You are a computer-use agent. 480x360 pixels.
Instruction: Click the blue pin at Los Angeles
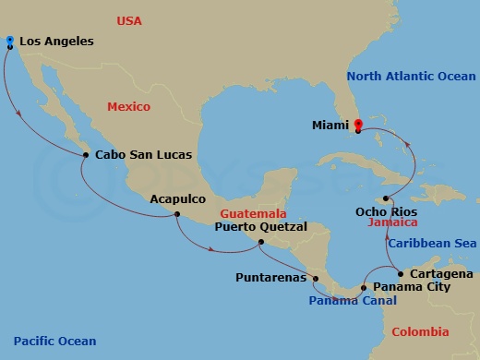(9, 42)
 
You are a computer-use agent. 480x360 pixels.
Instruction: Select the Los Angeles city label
(56, 42)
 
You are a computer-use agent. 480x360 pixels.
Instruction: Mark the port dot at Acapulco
(176, 215)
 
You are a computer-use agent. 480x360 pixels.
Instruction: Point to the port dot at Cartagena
(399, 273)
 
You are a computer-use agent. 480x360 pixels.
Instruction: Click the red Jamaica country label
(394, 222)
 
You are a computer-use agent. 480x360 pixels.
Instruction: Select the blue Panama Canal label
(353, 301)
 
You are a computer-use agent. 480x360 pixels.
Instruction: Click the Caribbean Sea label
(431, 244)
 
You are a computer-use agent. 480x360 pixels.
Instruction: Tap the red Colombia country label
(420, 332)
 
